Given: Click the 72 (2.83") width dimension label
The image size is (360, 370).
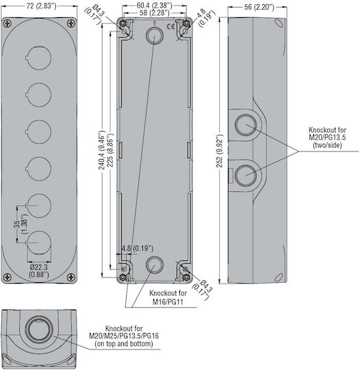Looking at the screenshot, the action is click(x=42, y=6).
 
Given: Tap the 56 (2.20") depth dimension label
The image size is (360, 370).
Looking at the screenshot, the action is click(x=259, y=7).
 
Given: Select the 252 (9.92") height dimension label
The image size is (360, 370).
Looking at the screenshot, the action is click(x=220, y=151).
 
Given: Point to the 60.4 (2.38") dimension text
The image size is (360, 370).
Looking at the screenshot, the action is click(x=155, y=5).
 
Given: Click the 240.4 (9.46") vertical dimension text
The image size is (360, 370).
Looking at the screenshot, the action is click(x=102, y=150).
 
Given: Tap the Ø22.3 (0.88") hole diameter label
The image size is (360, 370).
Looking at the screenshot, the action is click(x=39, y=271).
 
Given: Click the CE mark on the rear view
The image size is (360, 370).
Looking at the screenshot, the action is click(x=170, y=27).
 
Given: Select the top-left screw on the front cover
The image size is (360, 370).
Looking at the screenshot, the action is click(x=8, y=23).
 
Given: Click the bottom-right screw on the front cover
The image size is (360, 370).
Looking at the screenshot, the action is click(x=71, y=277).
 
